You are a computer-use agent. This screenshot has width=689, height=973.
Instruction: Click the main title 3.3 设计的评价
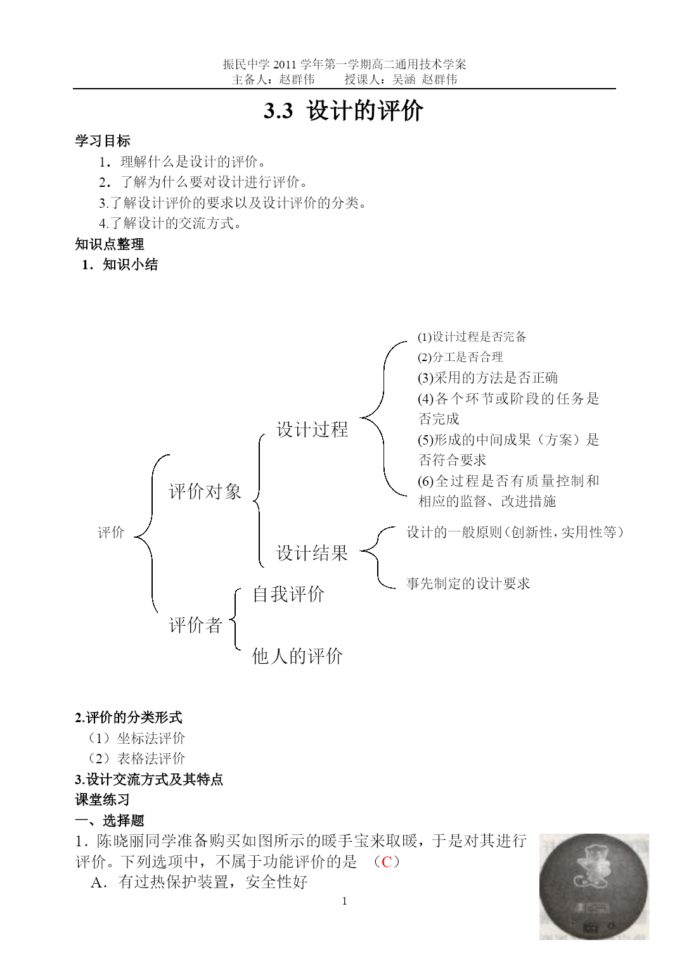coord(344,111)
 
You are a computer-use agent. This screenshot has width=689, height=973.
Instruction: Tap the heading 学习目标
coord(103,141)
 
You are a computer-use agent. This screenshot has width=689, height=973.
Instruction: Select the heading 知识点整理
coord(110,244)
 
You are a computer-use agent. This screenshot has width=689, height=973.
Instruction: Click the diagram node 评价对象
coord(205,492)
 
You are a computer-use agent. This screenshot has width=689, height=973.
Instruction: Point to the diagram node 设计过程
coord(312,429)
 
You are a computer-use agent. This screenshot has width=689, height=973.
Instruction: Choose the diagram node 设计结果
coord(312,553)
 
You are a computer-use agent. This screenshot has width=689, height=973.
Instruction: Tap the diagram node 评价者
coord(196,625)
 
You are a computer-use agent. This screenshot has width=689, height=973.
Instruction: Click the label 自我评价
coord(288,594)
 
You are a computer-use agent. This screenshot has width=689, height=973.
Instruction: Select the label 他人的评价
coord(297,656)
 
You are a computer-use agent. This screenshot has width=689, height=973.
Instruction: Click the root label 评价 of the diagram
coord(111,533)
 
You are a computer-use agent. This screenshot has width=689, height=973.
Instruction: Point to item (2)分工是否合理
coord(460,357)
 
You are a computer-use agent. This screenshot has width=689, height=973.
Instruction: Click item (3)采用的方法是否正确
coord(487,378)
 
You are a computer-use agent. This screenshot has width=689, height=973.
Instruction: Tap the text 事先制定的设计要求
coord(468,583)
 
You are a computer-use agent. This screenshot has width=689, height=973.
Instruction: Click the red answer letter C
coord(387,862)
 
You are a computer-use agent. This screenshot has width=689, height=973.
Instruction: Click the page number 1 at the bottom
coord(344,901)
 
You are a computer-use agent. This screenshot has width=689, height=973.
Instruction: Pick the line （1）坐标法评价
coord(136,738)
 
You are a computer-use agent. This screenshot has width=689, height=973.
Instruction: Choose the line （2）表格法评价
coord(136,758)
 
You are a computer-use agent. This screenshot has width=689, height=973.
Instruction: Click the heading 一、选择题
coord(110,820)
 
